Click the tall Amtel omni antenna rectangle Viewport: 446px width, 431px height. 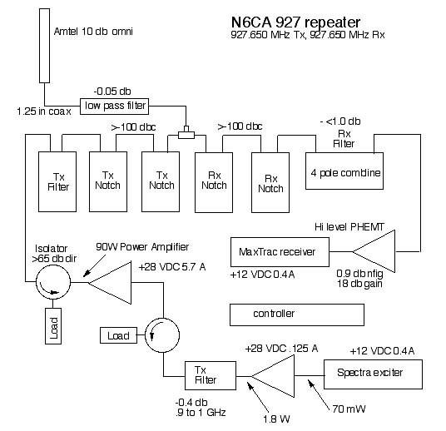(x=44, y=46)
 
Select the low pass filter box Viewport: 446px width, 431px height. (x=114, y=107)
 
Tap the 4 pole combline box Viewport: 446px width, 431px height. (x=344, y=171)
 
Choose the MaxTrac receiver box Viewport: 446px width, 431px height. (x=280, y=252)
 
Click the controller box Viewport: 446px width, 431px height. (x=297, y=315)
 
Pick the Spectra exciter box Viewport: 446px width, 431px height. (x=373, y=374)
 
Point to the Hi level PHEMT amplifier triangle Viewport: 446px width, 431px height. (x=374, y=251)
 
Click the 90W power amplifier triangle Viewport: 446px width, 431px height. (x=110, y=283)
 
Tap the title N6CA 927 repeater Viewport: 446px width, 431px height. (x=296, y=22)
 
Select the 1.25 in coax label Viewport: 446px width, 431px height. (x=44, y=111)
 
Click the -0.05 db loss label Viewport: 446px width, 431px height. (x=112, y=92)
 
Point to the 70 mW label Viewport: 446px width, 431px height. (x=349, y=409)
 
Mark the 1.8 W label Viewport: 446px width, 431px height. (x=276, y=419)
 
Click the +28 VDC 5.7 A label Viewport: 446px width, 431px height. (x=171, y=267)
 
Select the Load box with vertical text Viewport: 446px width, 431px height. (x=53, y=326)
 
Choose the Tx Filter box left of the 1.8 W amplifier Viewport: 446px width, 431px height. (x=211, y=375)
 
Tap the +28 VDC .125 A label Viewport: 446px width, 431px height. (x=281, y=349)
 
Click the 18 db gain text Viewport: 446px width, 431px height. (x=359, y=284)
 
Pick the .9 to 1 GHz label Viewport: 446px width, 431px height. (x=201, y=412)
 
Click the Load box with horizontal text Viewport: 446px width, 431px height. (x=118, y=335)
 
